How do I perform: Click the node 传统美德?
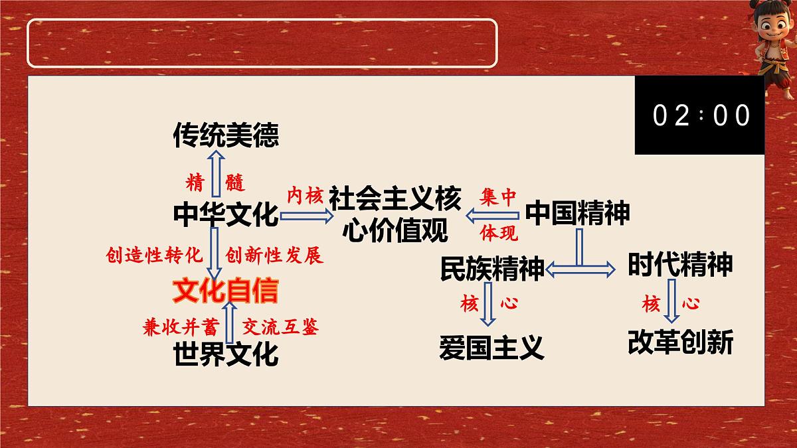pos(226,135)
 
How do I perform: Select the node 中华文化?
pos(226,214)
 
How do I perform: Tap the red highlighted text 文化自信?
pos(226,291)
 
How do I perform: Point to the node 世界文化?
pos(226,353)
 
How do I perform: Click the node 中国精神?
pos(578,213)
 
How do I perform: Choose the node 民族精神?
pos(492,268)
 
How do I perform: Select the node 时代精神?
pos(680,265)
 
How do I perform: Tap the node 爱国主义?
pos(492,347)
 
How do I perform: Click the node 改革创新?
pos(680,342)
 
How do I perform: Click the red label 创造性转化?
pos(153,256)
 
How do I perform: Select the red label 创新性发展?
pos(274,256)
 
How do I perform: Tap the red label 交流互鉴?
pos(280,327)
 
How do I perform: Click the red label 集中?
pos(499,197)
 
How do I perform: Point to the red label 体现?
pos(499,233)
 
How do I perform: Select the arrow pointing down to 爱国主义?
pos(489,304)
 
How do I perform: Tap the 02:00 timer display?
pos(701,115)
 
